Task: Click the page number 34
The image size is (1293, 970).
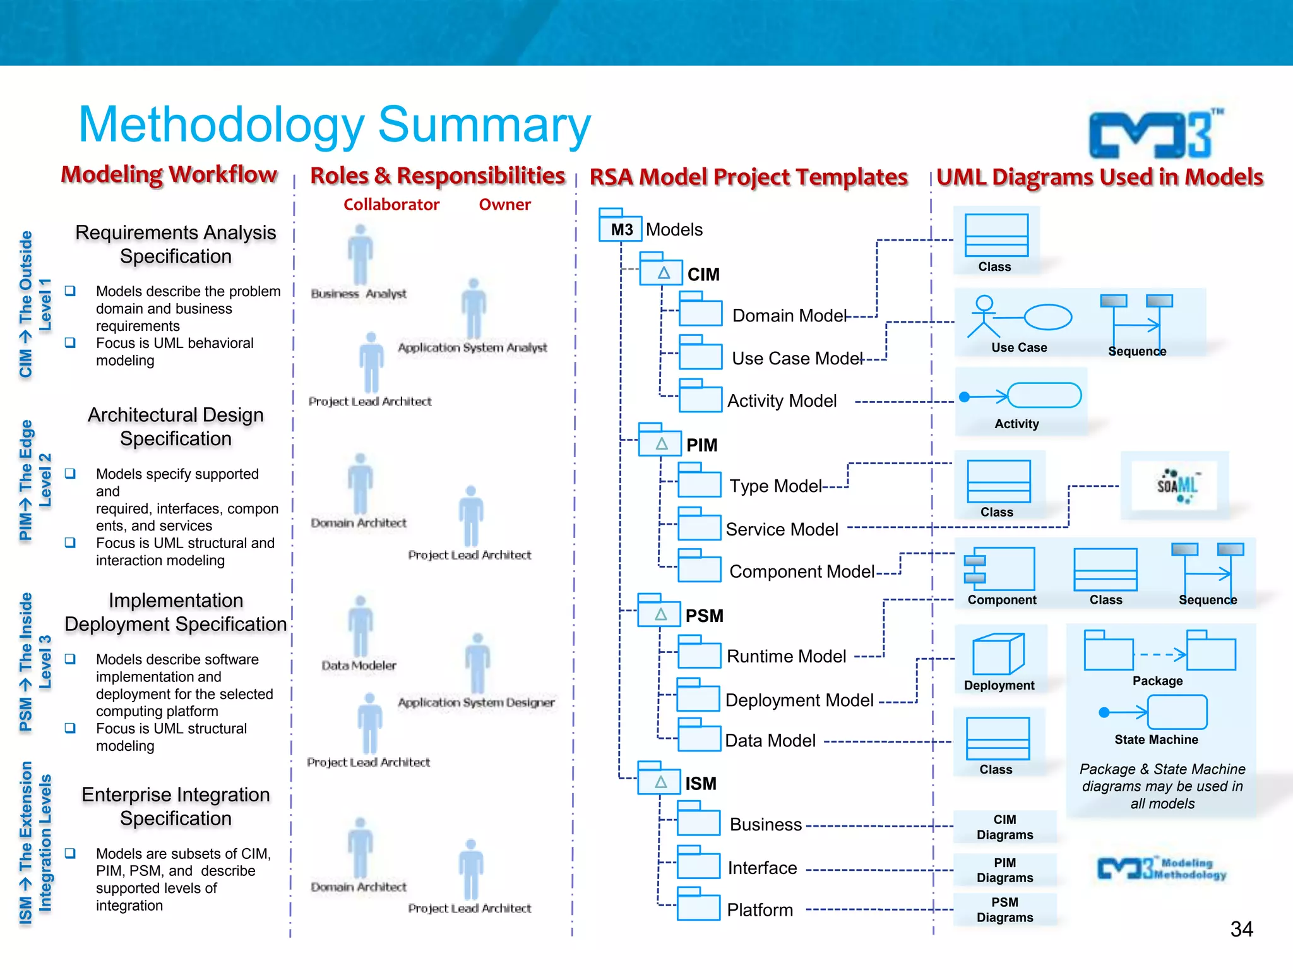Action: tap(1241, 929)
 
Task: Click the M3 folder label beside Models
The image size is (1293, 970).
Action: tap(621, 229)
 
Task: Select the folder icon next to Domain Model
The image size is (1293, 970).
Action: tap(701, 311)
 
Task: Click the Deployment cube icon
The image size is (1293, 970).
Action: tap(998, 654)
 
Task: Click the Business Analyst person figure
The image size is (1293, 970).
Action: tap(360, 255)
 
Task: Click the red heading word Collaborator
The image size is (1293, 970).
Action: tap(391, 205)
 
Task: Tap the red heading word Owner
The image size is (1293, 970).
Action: tap(504, 205)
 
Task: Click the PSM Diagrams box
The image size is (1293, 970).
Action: tap(1004, 909)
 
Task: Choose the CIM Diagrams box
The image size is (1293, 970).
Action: tap(1004, 827)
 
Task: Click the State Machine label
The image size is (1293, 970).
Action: tap(1156, 739)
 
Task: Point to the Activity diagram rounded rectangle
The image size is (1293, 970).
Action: tap(1044, 396)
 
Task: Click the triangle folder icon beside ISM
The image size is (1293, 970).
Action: tap(660, 782)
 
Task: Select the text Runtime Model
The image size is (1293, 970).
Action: tap(786, 656)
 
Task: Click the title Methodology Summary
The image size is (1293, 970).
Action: tap(335, 124)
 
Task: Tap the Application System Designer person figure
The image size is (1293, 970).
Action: tap(478, 664)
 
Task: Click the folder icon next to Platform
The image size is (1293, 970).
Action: tap(698, 906)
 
